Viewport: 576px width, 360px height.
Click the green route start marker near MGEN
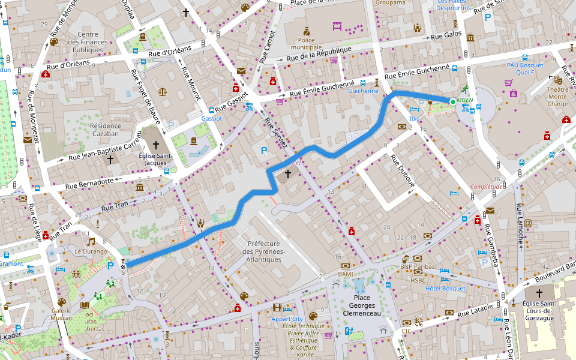point(452,101)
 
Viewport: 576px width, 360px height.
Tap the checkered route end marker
point(124,264)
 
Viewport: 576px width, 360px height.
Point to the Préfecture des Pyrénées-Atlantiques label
point(262,251)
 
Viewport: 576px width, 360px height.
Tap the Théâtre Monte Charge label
point(557,97)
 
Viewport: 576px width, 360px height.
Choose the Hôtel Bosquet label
point(445,289)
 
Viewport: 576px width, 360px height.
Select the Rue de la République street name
point(318,54)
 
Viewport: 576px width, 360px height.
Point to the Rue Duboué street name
point(403,171)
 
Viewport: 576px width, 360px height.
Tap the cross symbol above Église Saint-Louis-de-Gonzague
point(539,293)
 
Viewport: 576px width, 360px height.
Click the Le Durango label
point(91,252)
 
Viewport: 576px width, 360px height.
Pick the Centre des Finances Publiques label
point(88,42)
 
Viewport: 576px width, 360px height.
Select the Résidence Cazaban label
point(105,130)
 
